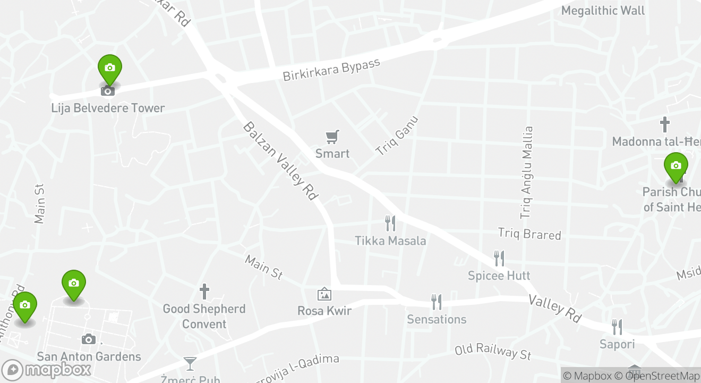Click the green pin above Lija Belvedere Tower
(110, 69)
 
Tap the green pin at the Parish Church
(676, 166)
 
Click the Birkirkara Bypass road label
(331, 70)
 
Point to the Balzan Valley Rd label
(280, 161)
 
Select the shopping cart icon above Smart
(332, 137)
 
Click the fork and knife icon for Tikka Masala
(390, 223)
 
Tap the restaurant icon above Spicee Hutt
(499, 259)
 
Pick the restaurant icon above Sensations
(437, 302)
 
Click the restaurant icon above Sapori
(617, 327)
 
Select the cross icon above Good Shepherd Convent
(204, 292)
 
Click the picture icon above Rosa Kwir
(324, 294)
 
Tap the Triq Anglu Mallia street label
(526, 172)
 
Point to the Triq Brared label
(529, 234)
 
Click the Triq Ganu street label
(397, 136)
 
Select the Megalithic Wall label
(603, 11)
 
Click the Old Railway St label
(493, 351)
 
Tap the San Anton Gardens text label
(89, 356)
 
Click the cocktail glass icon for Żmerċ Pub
(190, 364)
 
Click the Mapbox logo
(46, 370)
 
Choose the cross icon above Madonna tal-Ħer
(664, 125)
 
